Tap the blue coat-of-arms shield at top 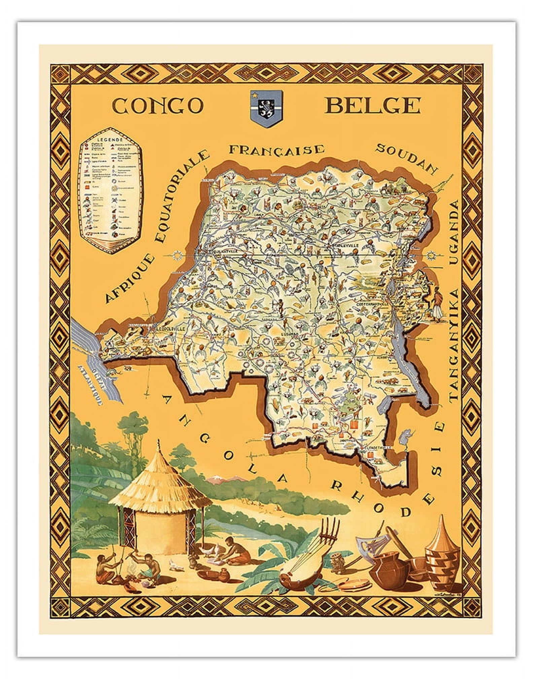click(265, 108)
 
